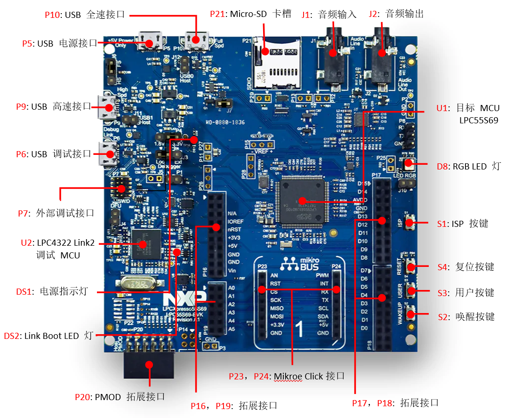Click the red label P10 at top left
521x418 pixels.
[x=52, y=15]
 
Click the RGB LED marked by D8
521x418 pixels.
[x=408, y=164]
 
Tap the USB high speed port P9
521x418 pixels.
[x=107, y=107]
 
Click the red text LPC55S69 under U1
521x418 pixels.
[x=479, y=120]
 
